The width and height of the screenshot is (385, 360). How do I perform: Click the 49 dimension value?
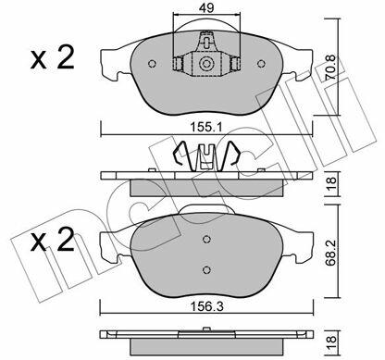pos(206,7)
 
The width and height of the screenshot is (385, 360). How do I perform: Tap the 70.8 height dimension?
pos(331,68)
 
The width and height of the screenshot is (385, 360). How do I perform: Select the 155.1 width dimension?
pos(206,127)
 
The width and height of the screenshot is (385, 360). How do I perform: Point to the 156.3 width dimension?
pos(206,306)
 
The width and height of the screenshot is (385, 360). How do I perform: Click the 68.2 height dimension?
pos(332,253)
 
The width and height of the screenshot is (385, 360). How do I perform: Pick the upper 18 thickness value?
pos(331,184)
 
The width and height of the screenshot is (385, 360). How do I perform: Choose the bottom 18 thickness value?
pos(331,343)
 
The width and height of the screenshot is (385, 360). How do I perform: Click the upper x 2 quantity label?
pos(53,57)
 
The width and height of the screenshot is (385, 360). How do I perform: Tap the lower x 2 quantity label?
pos(53,239)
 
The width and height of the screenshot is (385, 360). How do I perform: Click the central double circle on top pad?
pos(206,64)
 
